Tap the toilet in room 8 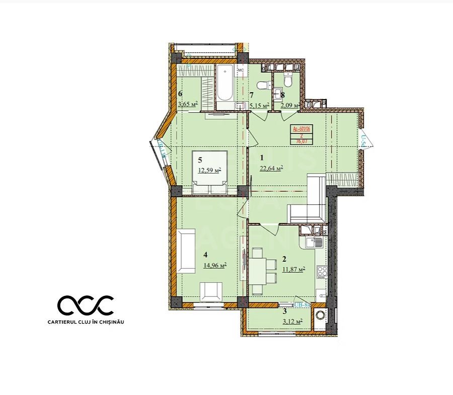coord(288,80)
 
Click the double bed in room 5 coord(210,171)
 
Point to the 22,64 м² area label coord(271,169)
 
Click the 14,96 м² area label coord(215,265)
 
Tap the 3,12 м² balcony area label coord(291,321)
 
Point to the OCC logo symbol coord(86,305)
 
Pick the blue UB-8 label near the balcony coord(300,305)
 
